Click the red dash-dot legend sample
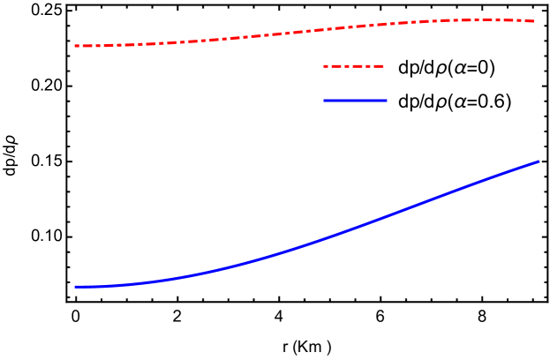pyautogui.click(x=353, y=66)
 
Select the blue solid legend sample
pyautogui.click(x=355, y=100)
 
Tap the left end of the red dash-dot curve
pyautogui.click(x=75, y=45)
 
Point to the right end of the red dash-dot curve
pyautogui.click(x=534, y=20)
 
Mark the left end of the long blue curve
pyautogui.click(x=75, y=287)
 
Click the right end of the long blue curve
pyautogui.click(x=539, y=161)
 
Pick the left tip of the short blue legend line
pyautogui.click(x=324, y=100)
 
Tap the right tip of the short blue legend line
pyautogui.click(x=387, y=100)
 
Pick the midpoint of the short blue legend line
pyautogui.click(x=355, y=100)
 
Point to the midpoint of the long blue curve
pyautogui.click(x=307, y=244)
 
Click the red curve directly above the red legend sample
pyautogui.click(x=353, y=26)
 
